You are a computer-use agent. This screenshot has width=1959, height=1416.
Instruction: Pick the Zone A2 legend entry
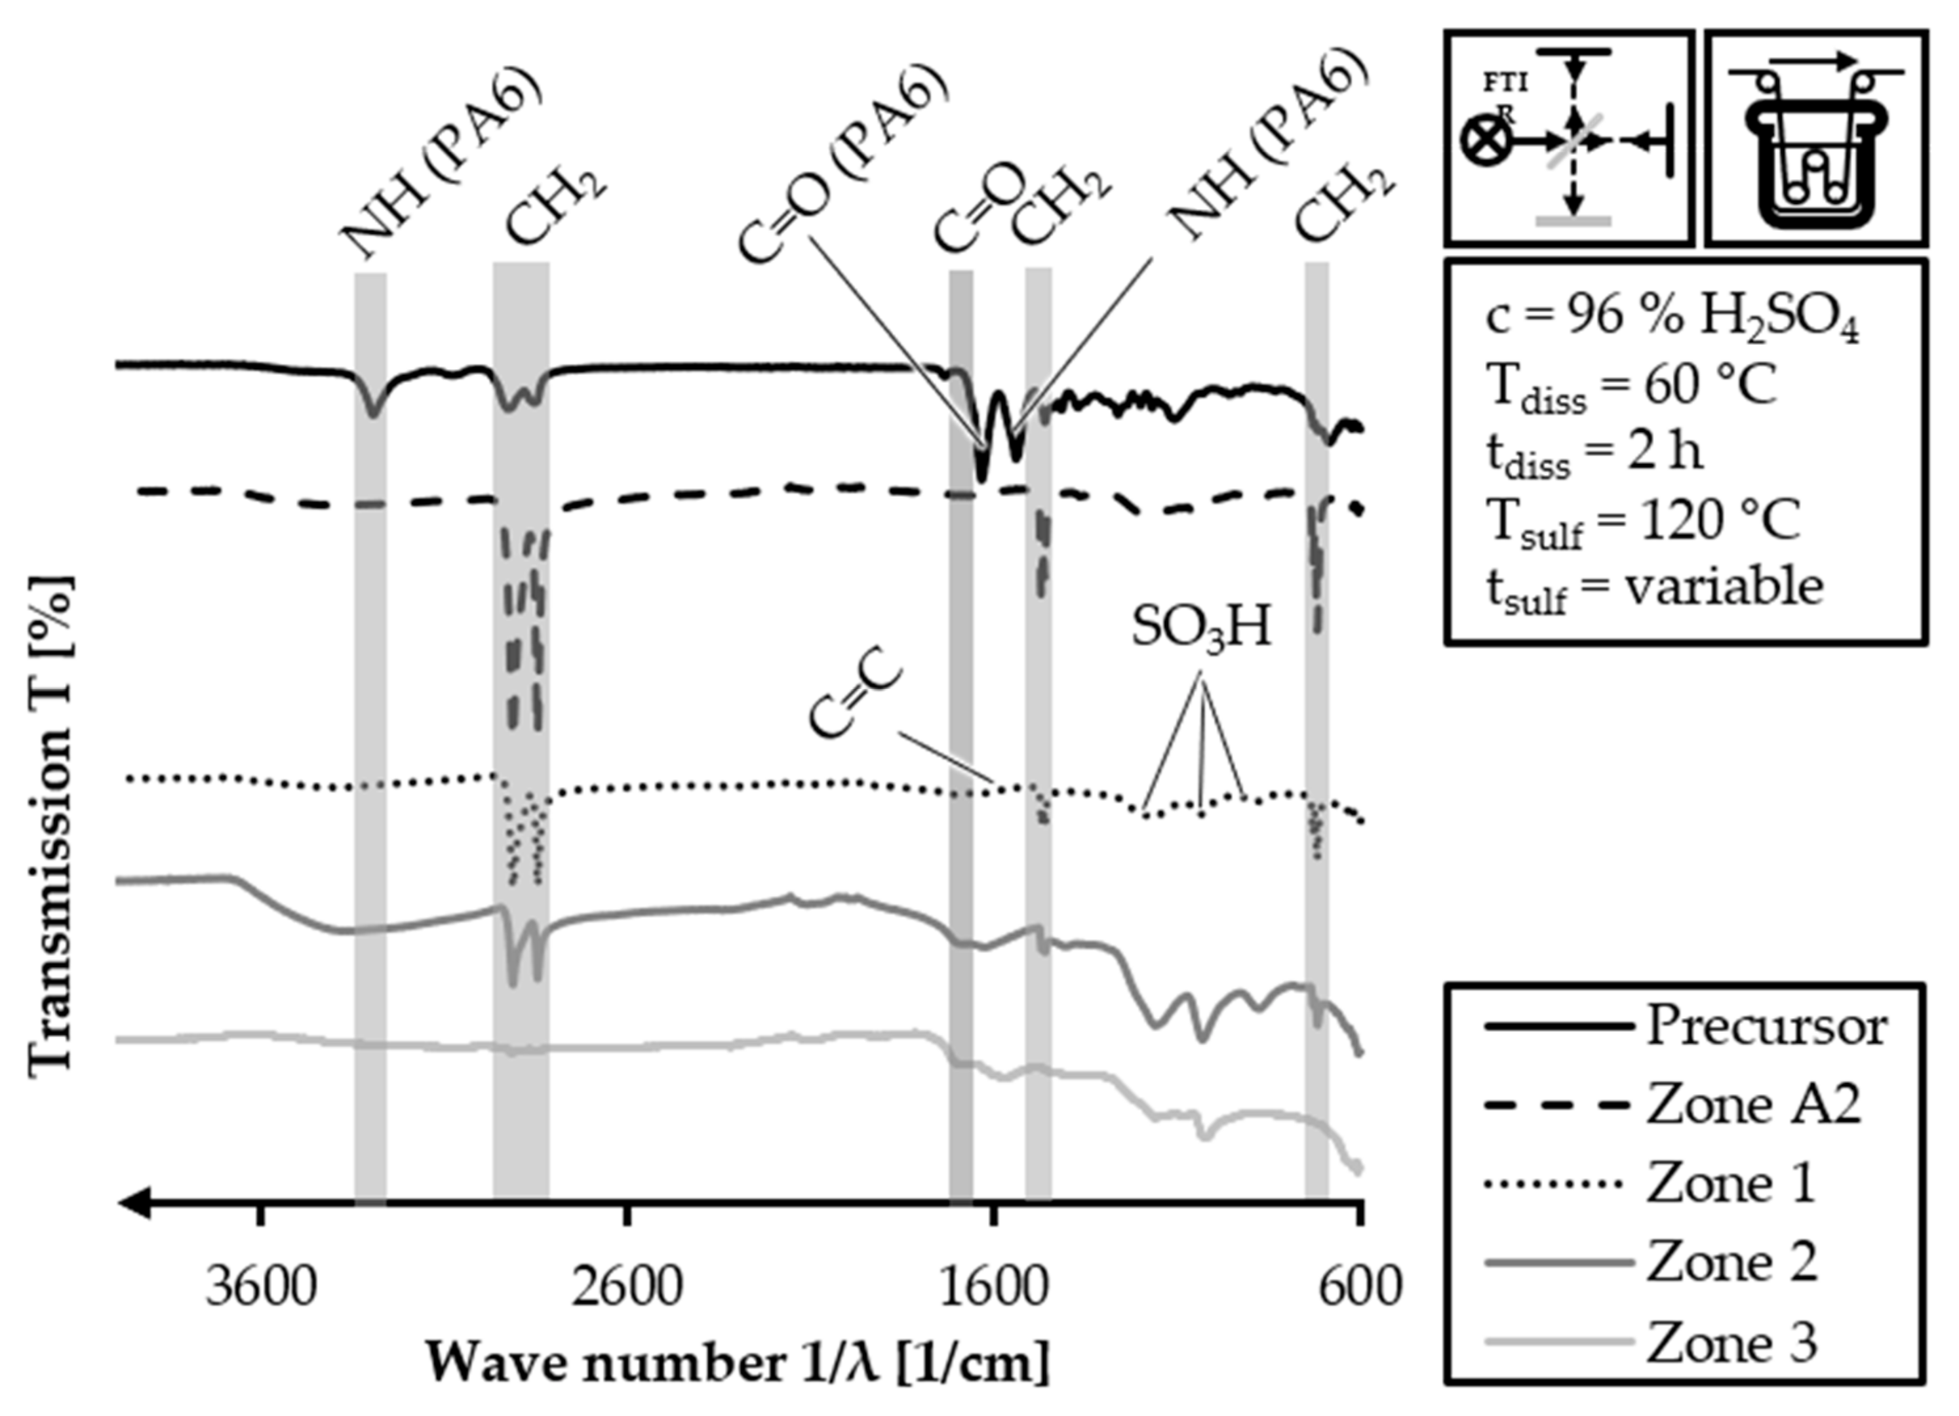tap(1753, 1105)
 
